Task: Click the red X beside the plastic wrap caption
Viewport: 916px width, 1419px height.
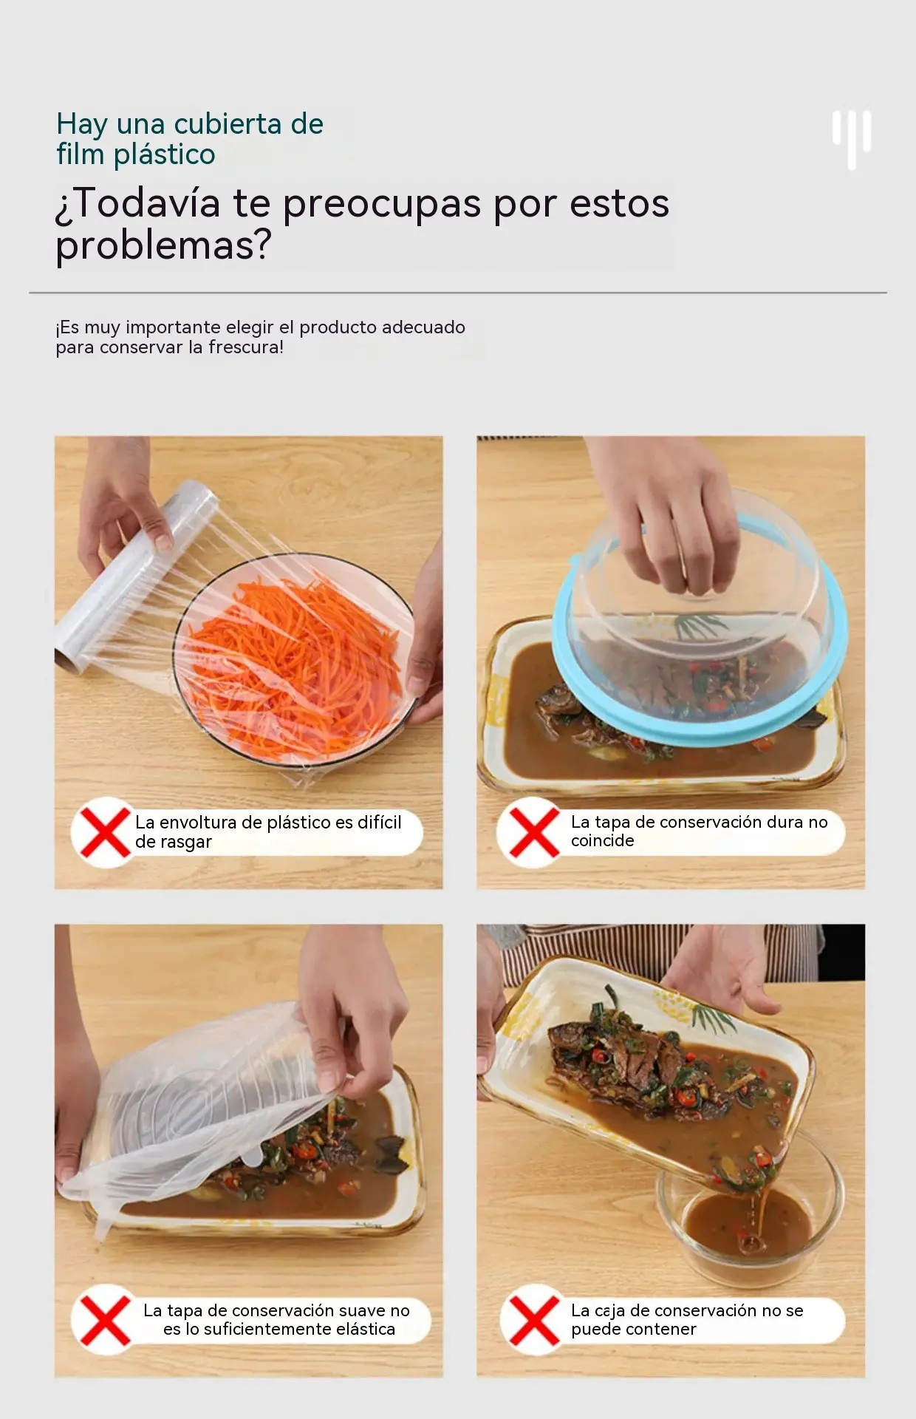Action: point(105,832)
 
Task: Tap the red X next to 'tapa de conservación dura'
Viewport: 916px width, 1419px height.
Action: point(534,832)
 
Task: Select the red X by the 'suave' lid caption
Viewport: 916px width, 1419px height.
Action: point(105,1320)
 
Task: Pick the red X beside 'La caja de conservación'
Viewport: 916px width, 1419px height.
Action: point(534,1320)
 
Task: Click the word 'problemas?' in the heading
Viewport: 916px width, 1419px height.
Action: point(164,245)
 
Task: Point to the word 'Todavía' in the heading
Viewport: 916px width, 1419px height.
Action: point(147,203)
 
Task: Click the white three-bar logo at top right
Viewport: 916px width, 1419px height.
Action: point(852,140)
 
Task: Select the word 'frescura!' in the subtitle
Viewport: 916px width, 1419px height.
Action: point(246,347)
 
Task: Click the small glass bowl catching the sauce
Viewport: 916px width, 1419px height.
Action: point(750,1212)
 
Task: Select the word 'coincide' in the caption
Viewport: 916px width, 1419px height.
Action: point(602,841)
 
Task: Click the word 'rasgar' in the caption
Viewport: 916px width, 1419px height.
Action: point(188,843)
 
